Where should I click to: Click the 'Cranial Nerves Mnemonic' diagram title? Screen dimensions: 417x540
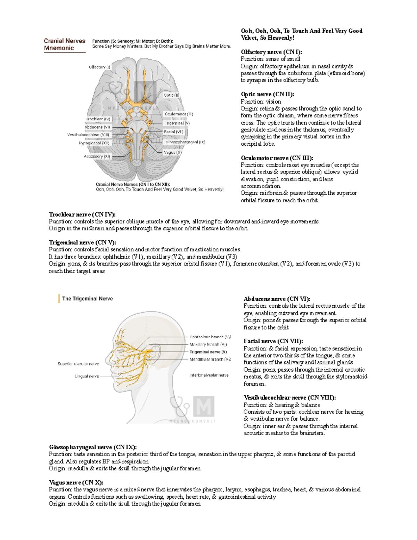click(65, 45)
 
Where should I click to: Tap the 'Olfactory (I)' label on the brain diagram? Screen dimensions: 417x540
click(99, 67)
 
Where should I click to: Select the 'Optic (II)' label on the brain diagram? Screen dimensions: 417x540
click(172, 95)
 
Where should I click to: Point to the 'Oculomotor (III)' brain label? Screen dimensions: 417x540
click(179, 114)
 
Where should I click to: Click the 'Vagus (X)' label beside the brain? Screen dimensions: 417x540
click(173, 152)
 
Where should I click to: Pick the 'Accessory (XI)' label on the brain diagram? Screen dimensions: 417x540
click(97, 156)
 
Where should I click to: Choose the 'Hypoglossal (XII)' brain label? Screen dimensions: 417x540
click(94, 143)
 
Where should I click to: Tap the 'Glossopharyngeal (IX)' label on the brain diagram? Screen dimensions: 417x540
click(185, 142)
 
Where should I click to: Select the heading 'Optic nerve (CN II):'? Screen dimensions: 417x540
click(268, 94)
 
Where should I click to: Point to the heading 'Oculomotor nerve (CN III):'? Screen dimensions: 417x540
click(277, 158)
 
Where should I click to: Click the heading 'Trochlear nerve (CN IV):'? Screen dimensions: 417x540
click(82, 215)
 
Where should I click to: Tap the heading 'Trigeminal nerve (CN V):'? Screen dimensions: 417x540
click(82, 242)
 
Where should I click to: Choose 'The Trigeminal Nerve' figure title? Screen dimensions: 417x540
click(87, 299)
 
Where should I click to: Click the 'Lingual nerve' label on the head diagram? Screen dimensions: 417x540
click(87, 376)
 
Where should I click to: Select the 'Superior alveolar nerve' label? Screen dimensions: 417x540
click(78, 364)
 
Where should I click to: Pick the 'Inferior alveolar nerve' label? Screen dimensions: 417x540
click(209, 375)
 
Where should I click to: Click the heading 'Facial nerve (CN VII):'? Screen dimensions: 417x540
click(273, 341)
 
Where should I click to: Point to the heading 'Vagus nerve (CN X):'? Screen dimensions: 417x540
click(76, 483)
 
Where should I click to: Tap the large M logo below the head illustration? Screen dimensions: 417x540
click(204, 406)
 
